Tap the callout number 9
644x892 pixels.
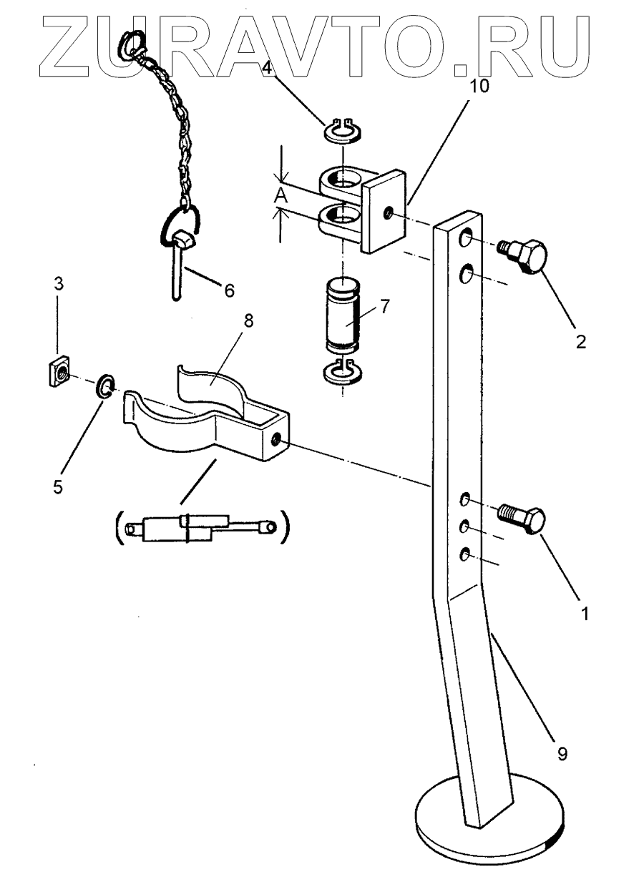click(562, 753)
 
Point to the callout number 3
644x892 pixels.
click(58, 284)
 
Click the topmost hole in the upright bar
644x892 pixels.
click(465, 237)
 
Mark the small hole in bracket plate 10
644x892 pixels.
click(388, 212)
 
